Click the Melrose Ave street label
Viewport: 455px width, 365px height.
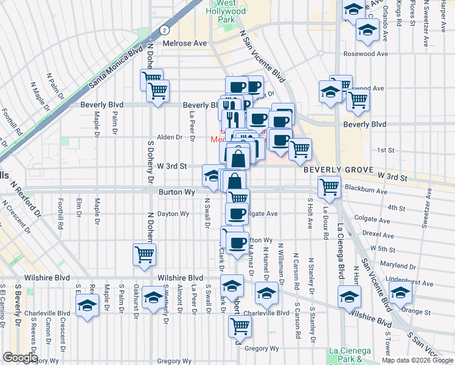pos(185,44)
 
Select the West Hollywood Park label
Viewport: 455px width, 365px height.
pos(231,12)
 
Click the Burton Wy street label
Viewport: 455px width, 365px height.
pos(176,192)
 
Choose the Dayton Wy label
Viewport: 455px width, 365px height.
pos(173,214)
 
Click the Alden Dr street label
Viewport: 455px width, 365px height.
pos(170,137)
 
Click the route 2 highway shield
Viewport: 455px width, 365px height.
pos(164,30)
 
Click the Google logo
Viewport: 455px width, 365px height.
pos(20,358)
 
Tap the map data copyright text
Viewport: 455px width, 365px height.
pos(417,360)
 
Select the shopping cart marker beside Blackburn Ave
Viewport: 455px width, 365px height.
pos(329,186)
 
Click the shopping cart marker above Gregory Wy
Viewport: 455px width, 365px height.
pos(240,326)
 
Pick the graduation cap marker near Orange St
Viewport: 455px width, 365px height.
pos(400,293)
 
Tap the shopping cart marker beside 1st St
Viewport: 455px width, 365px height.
pos(299,148)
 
